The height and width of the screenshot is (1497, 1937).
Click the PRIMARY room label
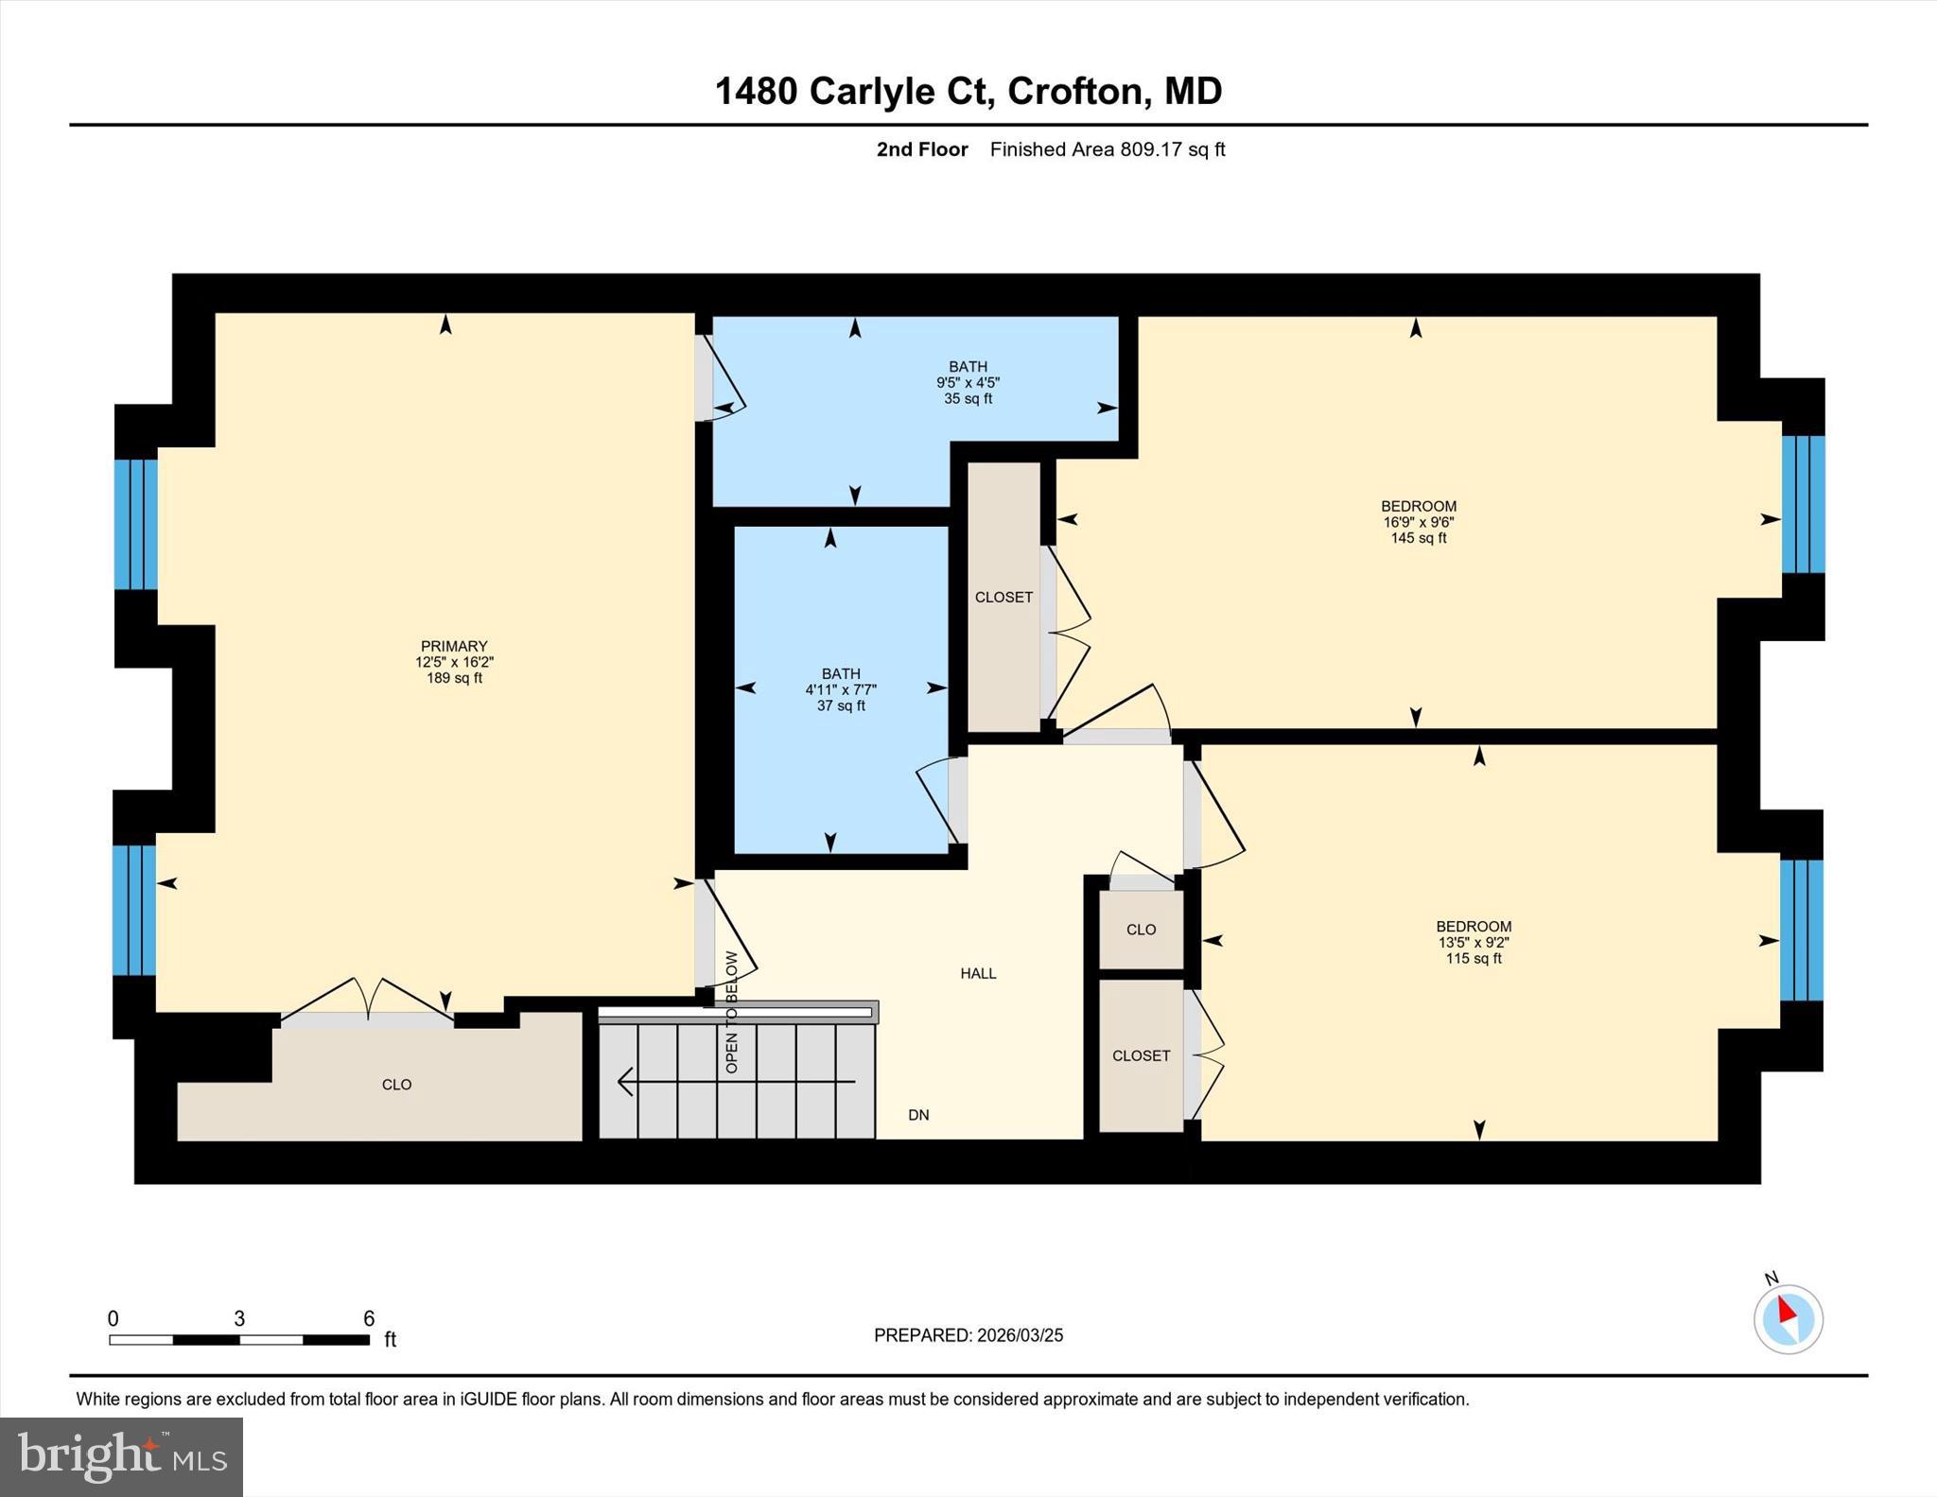(x=454, y=647)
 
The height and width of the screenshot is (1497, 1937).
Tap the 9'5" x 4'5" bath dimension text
(x=968, y=383)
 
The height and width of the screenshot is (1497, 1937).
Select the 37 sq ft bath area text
(x=841, y=705)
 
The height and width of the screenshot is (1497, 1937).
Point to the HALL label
(x=978, y=973)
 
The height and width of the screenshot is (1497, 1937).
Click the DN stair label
(x=918, y=1115)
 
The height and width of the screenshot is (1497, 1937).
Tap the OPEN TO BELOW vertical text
(x=731, y=1012)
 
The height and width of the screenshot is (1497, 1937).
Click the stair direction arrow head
(x=625, y=1081)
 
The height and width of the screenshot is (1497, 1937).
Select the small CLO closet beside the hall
(x=1141, y=930)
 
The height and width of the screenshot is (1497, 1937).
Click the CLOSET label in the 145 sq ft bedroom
(x=1003, y=598)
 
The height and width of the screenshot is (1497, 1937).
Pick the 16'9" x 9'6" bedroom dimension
(x=1418, y=522)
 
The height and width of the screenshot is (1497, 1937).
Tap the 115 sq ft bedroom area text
(x=1473, y=958)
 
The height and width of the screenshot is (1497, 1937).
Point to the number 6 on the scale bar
(x=369, y=1318)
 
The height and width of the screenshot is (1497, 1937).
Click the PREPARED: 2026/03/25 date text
(x=968, y=1335)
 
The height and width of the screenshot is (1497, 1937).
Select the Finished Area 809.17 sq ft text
(x=1107, y=149)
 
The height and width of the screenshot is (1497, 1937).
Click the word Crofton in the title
(x=1076, y=91)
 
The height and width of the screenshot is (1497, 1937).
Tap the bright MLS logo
(x=121, y=1456)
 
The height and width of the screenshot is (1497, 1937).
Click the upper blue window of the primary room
(x=136, y=524)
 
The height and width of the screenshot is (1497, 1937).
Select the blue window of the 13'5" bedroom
(x=1801, y=930)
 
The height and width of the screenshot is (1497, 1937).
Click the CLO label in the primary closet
(x=396, y=1085)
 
